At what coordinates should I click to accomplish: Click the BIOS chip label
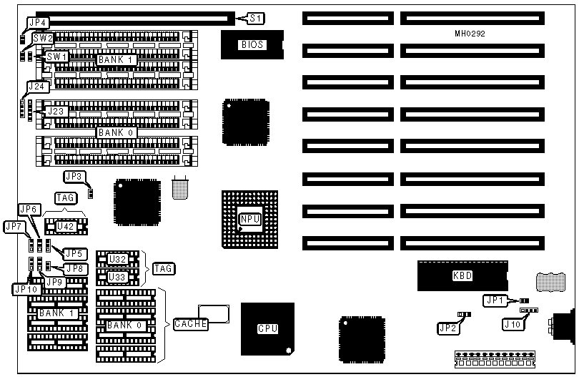[x=252, y=44]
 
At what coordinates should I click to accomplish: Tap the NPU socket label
[x=249, y=218]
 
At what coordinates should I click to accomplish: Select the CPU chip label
[x=267, y=328]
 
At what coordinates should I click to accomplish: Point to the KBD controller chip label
[x=462, y=275]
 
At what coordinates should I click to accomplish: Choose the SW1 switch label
[x=56, y=56]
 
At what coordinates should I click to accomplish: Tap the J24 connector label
[x=37, y=87]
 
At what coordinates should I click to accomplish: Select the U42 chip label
[x=65, y=227]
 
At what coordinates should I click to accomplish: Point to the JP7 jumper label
[x=15, y=226]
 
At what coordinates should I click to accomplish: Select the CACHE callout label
[x=190, y=324]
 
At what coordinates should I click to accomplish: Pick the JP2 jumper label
[x=449, y=328]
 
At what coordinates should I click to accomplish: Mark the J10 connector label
[x=513, y=324]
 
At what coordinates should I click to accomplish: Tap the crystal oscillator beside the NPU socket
[x=180, y=188]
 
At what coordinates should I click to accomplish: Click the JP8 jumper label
[x=75, y=268]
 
